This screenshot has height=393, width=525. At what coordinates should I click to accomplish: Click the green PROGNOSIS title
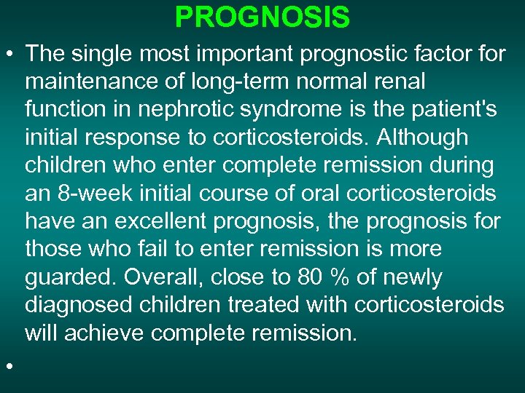coord(262,17)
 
